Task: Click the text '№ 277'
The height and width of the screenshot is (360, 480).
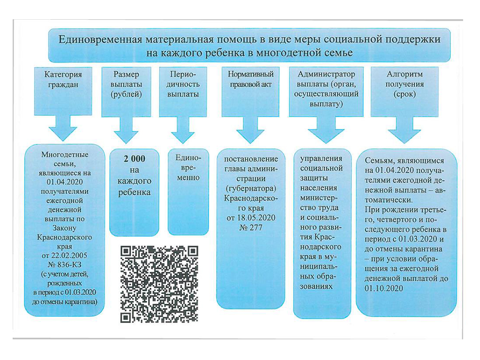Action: click(251, 228)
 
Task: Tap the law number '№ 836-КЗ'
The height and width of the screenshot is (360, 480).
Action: click(64, 265)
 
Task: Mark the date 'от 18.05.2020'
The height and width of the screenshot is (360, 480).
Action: click(251, 218)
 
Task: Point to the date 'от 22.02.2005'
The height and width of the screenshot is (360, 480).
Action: click(64, 255)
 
